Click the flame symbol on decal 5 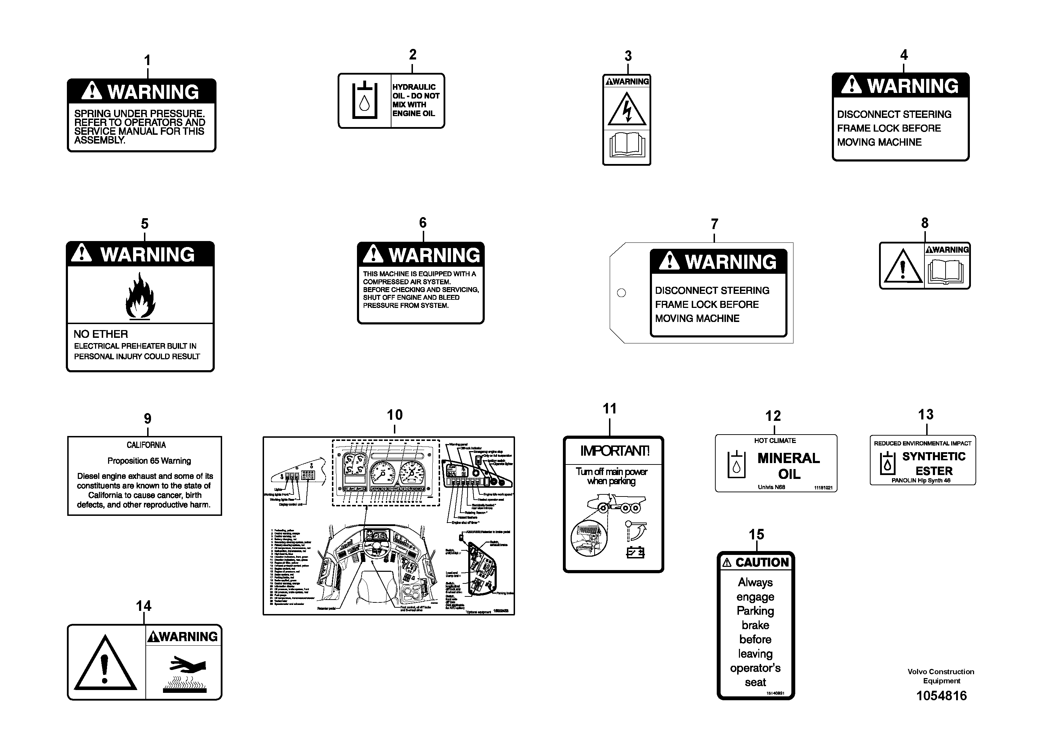(140, 295)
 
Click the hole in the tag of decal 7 (621, 293)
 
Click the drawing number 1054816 (941, 695)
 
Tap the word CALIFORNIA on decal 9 (146, 445)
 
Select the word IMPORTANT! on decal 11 (614, 451)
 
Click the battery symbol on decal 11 (635, 552)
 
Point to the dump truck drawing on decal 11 (616, 504)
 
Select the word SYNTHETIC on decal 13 (934, 457)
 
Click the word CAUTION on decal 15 (762, 563)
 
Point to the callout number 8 (924, 223)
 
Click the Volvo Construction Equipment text (941, 676)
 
